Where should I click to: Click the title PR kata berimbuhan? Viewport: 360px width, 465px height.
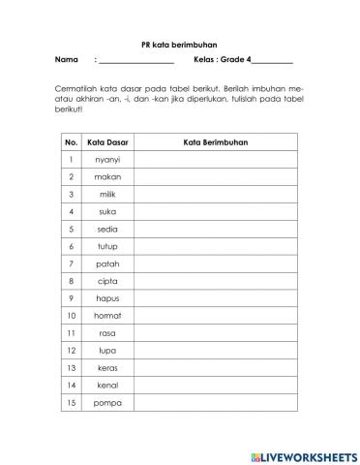coord(179,44)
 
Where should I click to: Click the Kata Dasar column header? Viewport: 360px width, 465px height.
coord(107,142)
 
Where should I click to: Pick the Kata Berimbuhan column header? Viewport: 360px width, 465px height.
coord(215,142)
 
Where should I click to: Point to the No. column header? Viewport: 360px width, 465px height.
coord(71,142)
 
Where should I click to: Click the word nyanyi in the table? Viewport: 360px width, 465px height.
coord(107,160)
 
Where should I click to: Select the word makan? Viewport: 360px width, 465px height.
coord(107,177)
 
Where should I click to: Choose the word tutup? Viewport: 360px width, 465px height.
coord(107,246)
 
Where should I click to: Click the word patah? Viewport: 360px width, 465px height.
coord(107,263)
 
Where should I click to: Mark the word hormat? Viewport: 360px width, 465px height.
coord(107,316)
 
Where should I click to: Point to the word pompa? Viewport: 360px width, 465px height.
coord(107,402)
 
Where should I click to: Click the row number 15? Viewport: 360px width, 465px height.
coord(71,402)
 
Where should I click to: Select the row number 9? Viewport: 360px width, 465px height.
coord(71,298)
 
